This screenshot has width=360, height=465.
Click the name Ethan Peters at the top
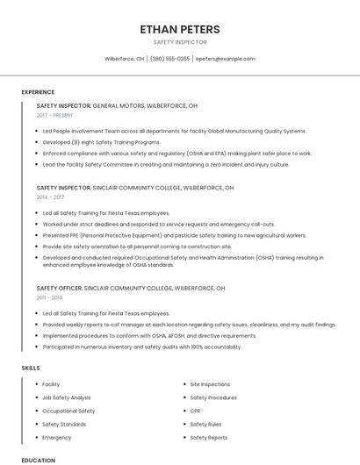click(180, 29)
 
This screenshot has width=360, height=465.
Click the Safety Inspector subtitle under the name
click(180, 42)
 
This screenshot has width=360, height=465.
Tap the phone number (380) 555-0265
click(170, 59)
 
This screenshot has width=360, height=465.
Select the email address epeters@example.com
click(226, 59)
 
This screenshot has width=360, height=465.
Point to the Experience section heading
click(38, 92)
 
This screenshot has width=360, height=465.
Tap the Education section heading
click(38, 460)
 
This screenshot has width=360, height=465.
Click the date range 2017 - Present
click(55, 115)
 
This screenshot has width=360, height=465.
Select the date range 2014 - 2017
click(50, 197)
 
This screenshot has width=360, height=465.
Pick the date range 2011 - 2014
click(49, 297)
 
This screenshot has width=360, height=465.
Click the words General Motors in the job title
click(119, 105)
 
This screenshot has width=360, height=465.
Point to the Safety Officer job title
click(60, 288)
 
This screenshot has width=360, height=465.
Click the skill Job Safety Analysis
click(67, 397)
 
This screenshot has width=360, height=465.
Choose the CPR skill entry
click(196, 411)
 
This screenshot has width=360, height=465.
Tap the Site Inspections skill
click(210, 384)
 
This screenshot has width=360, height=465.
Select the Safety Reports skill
click(209, 437)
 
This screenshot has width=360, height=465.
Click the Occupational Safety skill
click(68, 411)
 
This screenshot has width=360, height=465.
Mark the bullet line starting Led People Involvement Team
click(174, 131)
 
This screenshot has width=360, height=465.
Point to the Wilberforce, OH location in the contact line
click(124, 59)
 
